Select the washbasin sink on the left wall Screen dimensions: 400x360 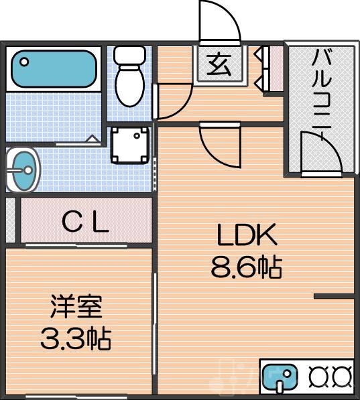(23, 170)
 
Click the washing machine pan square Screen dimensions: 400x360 (129, 145)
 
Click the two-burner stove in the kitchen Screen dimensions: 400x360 (330, 377)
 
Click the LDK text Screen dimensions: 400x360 (246, 236)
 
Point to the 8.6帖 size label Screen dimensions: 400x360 (246, 268)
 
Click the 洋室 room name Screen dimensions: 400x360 (75, 308)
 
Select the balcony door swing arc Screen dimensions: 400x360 (320, 151)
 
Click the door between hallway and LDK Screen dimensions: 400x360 (220, 144)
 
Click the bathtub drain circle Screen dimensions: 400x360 (25, 62)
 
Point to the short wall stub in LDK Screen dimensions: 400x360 (333, 295)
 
